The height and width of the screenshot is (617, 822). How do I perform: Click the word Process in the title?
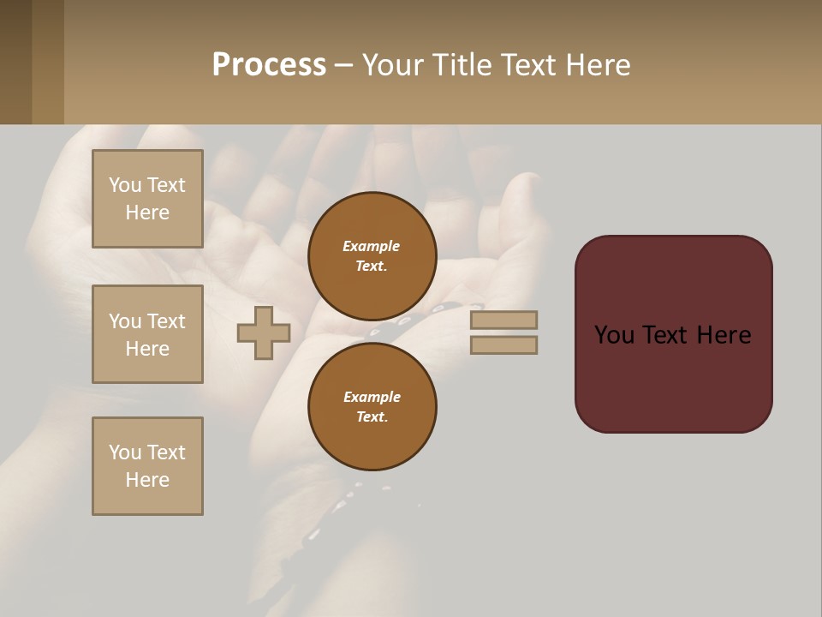point(269,65)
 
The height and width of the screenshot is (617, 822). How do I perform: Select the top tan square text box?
point(147,199)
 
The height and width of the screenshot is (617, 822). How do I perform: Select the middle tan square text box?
point(147,334)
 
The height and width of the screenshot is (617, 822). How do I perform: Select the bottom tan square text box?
point(147,466)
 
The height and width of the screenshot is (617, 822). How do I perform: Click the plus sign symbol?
point(264,332)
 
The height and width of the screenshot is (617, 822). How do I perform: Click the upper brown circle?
point(372,255)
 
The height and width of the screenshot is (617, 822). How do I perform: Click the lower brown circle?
point(372,406)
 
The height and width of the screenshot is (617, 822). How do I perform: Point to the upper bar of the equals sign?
point(503,320)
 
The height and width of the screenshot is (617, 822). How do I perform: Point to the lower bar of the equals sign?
point(503,344)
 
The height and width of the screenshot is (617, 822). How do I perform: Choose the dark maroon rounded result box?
point(673,377)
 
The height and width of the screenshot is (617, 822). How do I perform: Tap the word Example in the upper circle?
point(372,246)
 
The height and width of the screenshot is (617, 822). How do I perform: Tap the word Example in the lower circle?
point(372,397)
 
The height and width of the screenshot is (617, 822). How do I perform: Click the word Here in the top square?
point(147,213)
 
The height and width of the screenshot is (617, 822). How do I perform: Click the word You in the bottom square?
point(125,452)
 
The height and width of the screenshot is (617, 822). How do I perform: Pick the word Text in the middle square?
point(165,321)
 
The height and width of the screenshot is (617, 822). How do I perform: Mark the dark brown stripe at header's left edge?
point(15,62)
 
